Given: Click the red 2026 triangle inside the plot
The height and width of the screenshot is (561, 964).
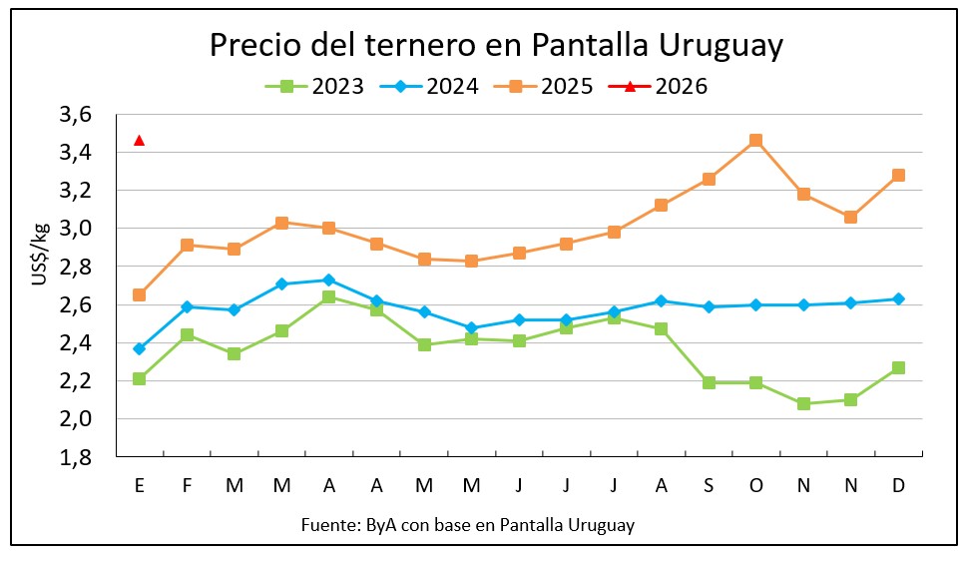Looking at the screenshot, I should [x=140, y=140].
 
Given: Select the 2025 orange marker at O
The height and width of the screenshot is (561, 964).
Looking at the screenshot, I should [x=755, y=141].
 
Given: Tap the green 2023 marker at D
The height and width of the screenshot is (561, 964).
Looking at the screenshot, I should [x=898, y=367].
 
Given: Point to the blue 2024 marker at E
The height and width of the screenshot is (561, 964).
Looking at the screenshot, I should [x=140, y=348].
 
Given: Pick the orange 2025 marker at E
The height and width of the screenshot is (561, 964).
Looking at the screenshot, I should [x=140, y=294].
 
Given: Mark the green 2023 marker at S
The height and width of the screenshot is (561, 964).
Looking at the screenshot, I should [x=709, y=382].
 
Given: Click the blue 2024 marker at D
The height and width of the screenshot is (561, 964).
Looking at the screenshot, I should [x=898, y=298].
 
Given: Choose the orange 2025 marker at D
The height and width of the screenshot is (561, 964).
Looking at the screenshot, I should [x=898, y=176].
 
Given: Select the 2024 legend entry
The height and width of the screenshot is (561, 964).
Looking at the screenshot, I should [x=429, y=86].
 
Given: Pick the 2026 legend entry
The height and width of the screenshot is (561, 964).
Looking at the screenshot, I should [x=658, y=86].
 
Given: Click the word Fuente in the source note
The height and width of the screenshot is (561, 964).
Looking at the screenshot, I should [x=327, y=524].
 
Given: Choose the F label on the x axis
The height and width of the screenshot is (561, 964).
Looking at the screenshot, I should [x=187, y=486].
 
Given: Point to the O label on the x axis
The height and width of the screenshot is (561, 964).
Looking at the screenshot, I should [x=755, y=486].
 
